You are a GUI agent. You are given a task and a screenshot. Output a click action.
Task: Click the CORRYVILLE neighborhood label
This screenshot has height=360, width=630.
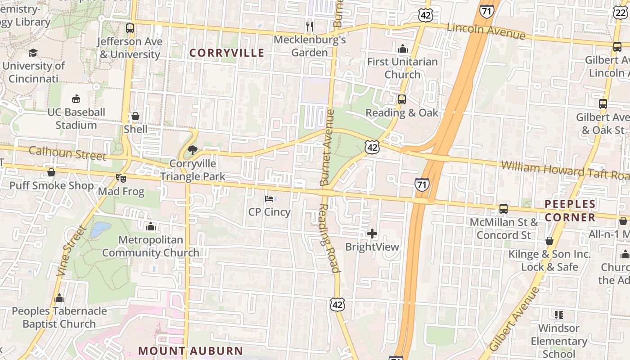[x=226, y=53]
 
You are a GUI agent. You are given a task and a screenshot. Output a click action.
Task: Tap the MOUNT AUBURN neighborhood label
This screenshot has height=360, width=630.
[x=190, y=351]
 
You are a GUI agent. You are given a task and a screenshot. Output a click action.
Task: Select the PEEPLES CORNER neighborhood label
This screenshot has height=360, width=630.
[x=570, y=211]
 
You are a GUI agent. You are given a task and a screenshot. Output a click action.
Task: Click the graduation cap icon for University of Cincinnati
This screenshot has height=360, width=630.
[x=33, y=53]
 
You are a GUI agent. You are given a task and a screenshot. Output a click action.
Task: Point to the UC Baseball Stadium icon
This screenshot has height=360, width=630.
[x=76, y=99]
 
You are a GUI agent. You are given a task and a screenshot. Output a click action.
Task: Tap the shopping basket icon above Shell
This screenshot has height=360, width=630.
[x=135, y=116]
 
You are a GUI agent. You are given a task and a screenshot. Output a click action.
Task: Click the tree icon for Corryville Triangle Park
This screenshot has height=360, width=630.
[x=193, y=150]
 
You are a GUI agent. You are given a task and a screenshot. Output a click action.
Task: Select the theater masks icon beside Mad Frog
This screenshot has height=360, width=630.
[x=121, y=178]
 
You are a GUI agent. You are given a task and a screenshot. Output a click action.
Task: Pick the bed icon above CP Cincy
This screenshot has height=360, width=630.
[x=269, y=198]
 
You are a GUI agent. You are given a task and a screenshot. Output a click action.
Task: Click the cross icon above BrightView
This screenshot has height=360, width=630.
[x=372, y=234]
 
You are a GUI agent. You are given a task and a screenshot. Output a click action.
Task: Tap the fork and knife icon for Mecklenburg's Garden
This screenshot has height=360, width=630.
[x=309, y=27]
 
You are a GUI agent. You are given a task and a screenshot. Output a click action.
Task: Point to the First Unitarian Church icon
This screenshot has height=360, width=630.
[x=402, y=48]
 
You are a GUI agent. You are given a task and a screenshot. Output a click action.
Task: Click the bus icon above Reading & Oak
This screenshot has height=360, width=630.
[x=401, y=99]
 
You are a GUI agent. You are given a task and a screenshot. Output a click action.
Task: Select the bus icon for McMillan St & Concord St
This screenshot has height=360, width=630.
[x=503, y=209]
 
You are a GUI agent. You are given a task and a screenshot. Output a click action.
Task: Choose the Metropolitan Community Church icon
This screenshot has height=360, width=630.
[x=151, y=226]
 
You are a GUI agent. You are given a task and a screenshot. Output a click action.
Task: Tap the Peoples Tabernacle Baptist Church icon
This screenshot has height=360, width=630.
[x=59, y=298]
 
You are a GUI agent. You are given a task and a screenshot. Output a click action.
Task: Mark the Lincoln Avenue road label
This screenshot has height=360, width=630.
[x=486, y=31]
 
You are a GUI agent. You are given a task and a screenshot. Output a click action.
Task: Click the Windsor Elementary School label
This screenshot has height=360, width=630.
[x=558, y=341]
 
